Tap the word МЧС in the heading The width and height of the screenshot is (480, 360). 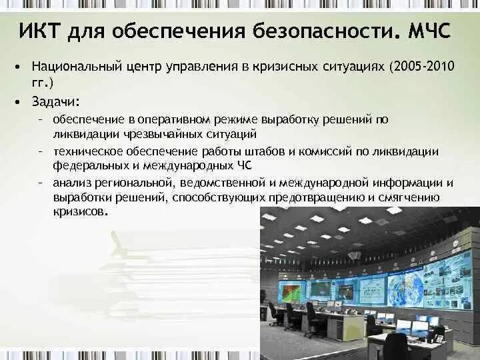click(423, 31)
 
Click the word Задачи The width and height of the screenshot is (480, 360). click(55, 101)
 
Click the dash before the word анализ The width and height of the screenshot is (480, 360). click(41, 183)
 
